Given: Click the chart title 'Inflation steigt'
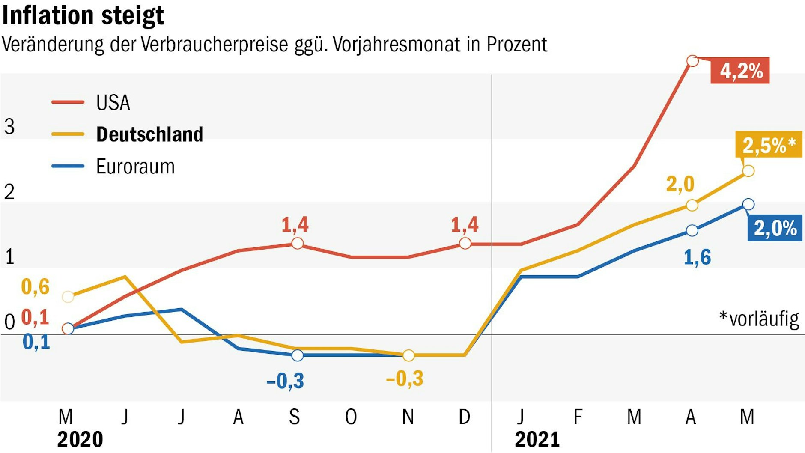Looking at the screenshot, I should click(x=83, y=16).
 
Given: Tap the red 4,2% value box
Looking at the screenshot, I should click(x=740, y=71).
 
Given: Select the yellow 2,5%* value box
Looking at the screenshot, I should click(x=769, y=145).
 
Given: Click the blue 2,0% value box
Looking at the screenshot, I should click(x=775, y=228).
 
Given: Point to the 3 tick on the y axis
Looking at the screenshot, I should click(x=9, y=127).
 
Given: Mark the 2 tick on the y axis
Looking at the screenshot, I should click(x=9, y=192).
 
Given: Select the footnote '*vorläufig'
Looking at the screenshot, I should click(x=759, y=319).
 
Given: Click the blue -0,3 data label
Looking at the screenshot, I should click(x=285, y=381).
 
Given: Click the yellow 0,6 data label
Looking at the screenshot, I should click(x=36, y=287).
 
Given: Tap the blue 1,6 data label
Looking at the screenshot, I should click(x=697, y=257).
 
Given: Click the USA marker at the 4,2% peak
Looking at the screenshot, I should click(x=692, y=61).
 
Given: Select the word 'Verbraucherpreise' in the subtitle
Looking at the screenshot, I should click(x=214, y=45).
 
